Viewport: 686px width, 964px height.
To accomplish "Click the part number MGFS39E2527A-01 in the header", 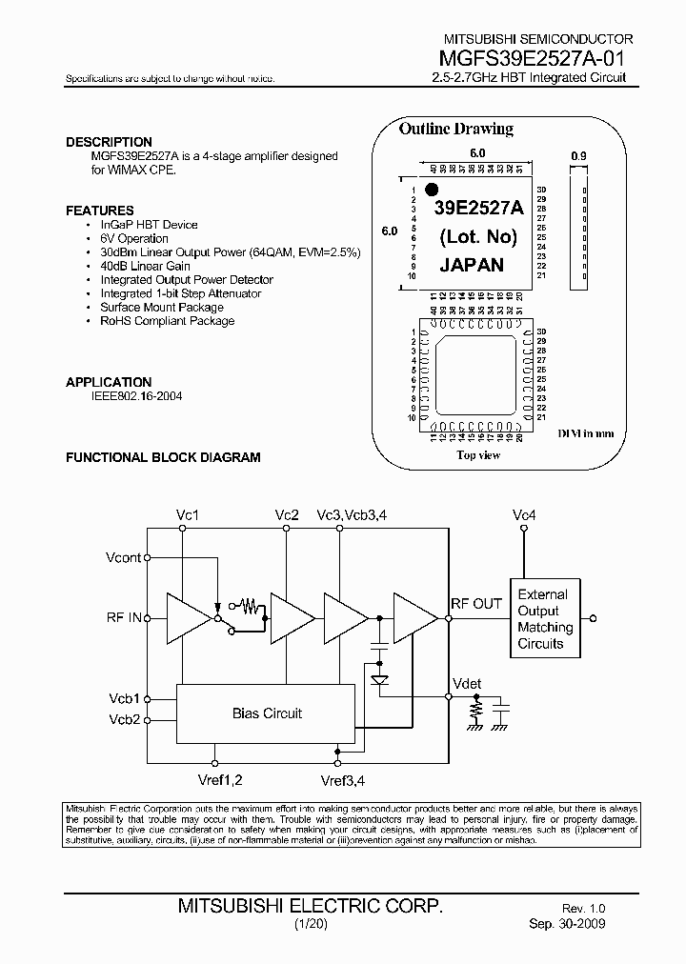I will coord(535,56).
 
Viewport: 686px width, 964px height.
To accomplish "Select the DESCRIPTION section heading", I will coord(109,142).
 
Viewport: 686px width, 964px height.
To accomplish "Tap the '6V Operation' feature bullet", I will coord(134,238).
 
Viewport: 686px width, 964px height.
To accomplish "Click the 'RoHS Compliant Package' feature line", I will coord(168,321).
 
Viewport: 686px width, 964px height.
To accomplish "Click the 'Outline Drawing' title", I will coord(455,130).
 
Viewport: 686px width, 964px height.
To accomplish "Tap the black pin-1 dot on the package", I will coord(431,190).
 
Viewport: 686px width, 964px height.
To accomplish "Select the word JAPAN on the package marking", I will coord(472,266).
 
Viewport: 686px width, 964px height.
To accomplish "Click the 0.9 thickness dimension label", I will coord(579,155).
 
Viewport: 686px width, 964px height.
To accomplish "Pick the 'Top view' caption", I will coord(478,455).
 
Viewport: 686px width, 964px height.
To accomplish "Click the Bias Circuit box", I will coord(267,713).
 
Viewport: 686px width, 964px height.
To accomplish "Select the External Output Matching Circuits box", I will coord(545,618).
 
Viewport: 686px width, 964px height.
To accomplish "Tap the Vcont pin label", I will coord(124,557).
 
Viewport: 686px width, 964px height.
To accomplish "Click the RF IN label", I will coord(124,617).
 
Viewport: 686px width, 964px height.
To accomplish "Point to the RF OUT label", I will coord(475,603).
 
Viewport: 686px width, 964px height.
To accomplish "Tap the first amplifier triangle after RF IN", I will coord(187,617).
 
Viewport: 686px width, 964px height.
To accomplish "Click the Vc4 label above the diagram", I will coord(524,515).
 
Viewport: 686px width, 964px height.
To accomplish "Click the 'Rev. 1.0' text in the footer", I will coord(583,910).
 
